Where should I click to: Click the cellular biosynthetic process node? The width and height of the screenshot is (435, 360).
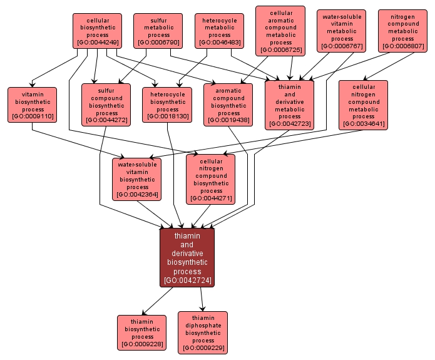tap(96, 31)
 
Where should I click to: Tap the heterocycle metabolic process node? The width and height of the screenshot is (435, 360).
tap(219, 31)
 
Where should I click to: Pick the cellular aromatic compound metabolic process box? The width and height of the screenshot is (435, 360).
tap(280, 31)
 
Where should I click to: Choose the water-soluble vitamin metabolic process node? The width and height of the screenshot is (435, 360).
tap(342, 31)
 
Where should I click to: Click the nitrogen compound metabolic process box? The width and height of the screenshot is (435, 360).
tap(402, 31)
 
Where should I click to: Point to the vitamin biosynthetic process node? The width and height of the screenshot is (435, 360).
tap(33, 105)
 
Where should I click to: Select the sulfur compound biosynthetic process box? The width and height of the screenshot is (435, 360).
tap(106, 105)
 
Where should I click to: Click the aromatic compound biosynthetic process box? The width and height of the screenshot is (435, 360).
tap(228, 105)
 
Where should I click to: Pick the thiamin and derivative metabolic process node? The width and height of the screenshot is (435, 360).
tap(289, 105)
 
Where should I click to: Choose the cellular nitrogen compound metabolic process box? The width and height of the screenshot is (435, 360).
tap(363, 105)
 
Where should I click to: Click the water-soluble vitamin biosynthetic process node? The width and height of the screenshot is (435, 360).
tap(137, 179)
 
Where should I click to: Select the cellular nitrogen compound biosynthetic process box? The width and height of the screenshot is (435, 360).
tap(211, 179)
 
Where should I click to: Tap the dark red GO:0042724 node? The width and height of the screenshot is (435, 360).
tap(187, 257)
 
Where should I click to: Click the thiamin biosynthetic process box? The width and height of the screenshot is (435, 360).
tap(142, 332)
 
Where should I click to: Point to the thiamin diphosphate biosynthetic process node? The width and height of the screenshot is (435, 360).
tap(203, 332)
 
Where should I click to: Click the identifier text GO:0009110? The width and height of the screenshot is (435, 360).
tap(33, 116)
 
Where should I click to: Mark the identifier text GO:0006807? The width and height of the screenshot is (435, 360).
tap(402, 46)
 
